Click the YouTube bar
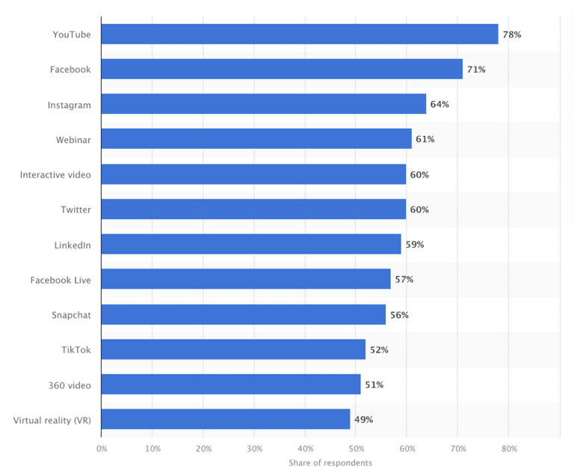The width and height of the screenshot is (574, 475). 299,34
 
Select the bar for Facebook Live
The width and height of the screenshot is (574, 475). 245,279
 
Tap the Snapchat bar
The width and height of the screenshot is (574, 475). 243,314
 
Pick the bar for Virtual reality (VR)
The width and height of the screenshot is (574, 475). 225,419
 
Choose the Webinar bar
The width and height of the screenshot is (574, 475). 256,139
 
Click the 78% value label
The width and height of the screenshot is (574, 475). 511,34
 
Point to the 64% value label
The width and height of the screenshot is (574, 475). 439,105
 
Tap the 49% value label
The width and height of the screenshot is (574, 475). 363,419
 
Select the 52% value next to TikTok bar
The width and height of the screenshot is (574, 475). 379,349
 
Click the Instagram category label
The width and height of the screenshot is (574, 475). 70,105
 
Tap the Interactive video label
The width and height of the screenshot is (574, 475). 55,174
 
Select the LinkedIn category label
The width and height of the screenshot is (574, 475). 72,245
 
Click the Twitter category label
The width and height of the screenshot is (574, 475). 75,209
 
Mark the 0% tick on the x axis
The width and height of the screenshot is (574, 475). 102,450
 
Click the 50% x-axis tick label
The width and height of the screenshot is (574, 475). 356,450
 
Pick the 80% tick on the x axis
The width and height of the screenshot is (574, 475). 508,450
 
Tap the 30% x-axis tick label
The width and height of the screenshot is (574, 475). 254,450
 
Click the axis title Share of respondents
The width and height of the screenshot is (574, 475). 330,463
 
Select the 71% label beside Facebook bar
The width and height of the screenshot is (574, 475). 476,70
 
